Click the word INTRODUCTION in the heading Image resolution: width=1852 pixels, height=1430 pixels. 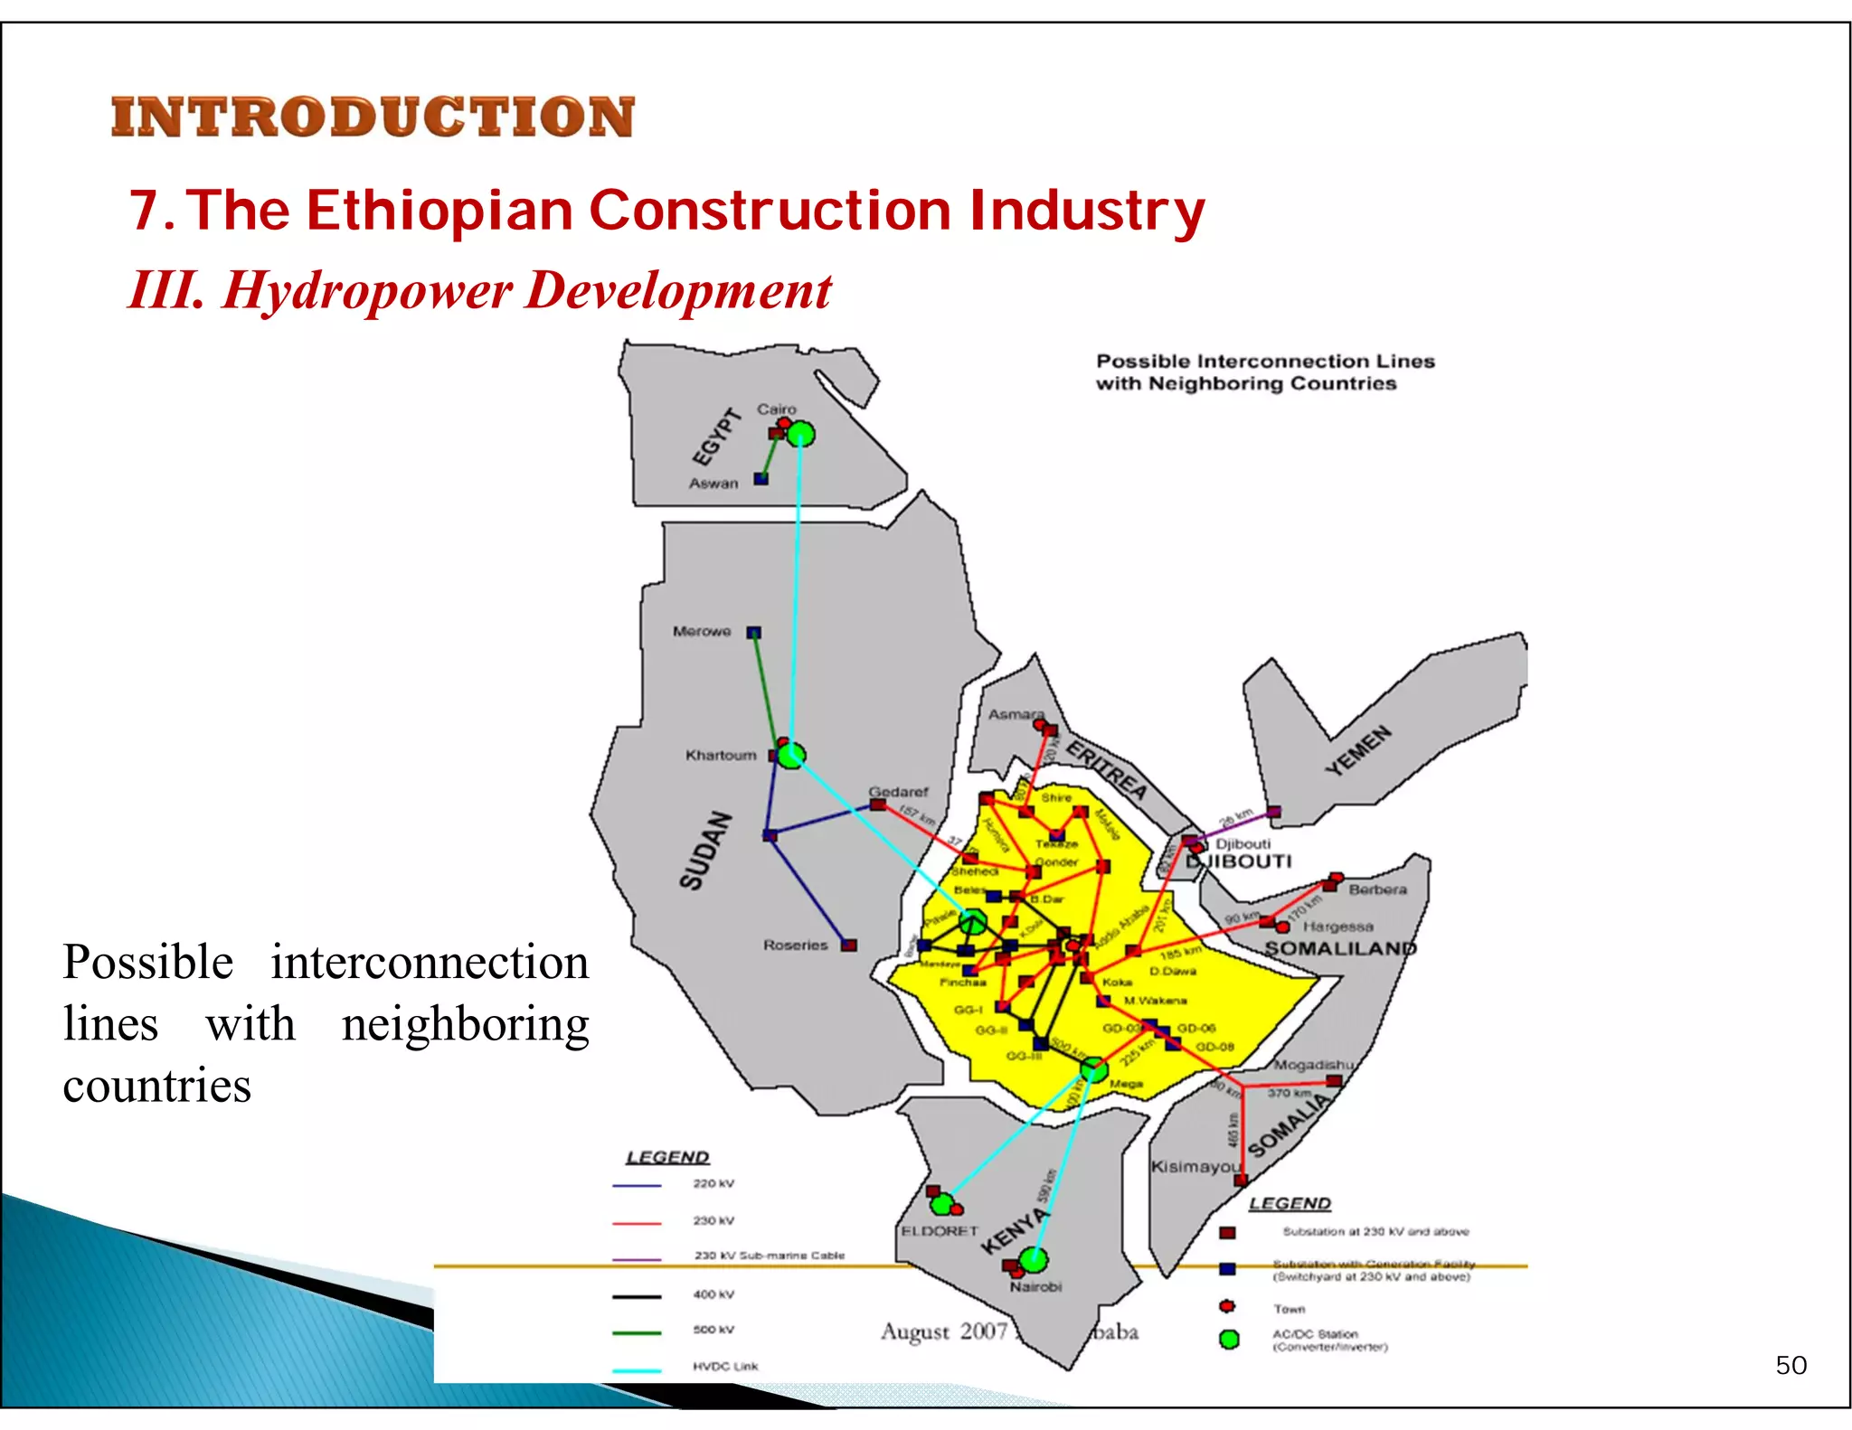pyautogui.click(x=373, y=118)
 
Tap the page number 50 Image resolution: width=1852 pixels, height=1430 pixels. pyautogui.click(x=1791, y=1365)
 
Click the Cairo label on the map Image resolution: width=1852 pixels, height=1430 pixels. pyautogui.click(x=776, y=409)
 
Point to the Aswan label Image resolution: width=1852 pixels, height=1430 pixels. pyautogui.click(x=713, y=484)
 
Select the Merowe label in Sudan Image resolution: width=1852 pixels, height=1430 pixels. pyautogui.click(x=702, y=631)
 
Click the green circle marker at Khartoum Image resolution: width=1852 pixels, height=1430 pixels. pyautogui.click(x=791, y=755)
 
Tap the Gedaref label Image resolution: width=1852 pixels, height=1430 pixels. pyautogui.click(x=898, y=792)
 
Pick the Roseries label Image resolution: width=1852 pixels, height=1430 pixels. pyautogui.click(x=796, y=945)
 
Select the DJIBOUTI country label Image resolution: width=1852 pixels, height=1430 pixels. pyautogui.click(x=1239, y=861)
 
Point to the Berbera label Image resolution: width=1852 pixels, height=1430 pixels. pyautogui.click(x=1377, y=889)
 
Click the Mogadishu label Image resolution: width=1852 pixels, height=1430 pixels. pyautogui.click(x=1313, y=1065)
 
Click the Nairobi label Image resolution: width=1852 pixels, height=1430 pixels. pyautogui.click(x=1036, y=1286)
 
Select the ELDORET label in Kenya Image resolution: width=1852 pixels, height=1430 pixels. pyautogui.click(x=940, y=1231)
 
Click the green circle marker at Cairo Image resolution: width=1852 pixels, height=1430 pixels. pyautogui.click(x=800, y=435)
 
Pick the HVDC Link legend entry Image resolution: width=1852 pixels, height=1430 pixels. pyautogui.click(x=725, y=1367)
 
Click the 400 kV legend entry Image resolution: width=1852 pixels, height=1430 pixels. pyautogui.click(x=713, y=1294)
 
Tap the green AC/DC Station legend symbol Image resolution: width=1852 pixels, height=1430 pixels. pyautogui.click(x=1228, y=1339)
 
